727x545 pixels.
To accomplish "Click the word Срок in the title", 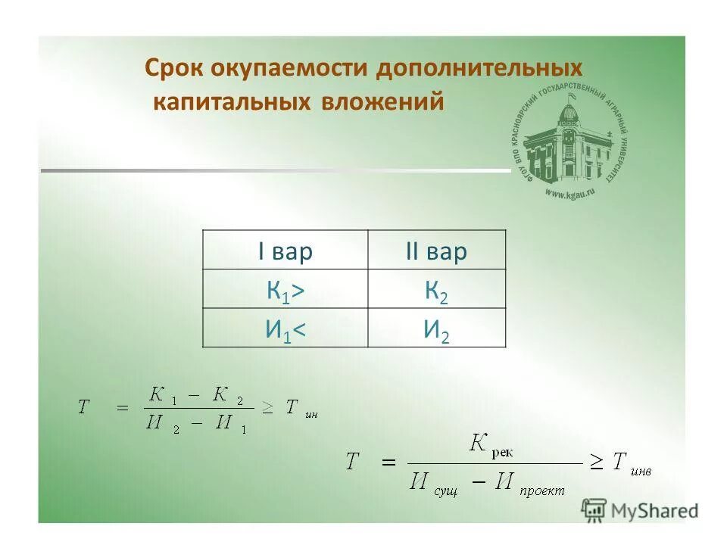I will [x=174, y=69].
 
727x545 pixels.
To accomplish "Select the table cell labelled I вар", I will [x=285, y=252].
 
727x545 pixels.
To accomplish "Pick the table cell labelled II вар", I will [x=436, y=252].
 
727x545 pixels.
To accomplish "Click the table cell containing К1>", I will [x=285, y=291].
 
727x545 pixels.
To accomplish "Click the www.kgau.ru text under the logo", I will [x=569, y=193].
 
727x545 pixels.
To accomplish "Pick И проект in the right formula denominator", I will [x=530, y=484].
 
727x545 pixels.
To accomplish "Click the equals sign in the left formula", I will [x=122, y=407].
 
